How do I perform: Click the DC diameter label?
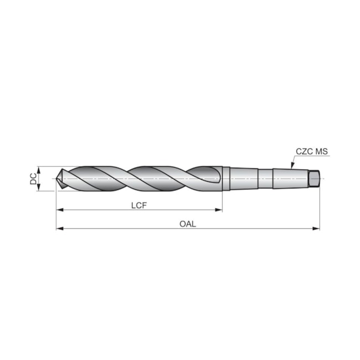[x=33, y=178]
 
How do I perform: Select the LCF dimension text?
[x=139, y=205]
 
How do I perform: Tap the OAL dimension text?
[x=188, y=224]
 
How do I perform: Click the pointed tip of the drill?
[x=58, y=178]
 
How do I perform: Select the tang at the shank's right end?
[x=315, y=178]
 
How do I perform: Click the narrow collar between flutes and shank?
[x=225, y=178]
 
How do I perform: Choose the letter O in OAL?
[x=182, y=224]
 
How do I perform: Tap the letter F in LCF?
[x=145, y=205]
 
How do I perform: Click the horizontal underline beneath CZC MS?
[x=313, y=157]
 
